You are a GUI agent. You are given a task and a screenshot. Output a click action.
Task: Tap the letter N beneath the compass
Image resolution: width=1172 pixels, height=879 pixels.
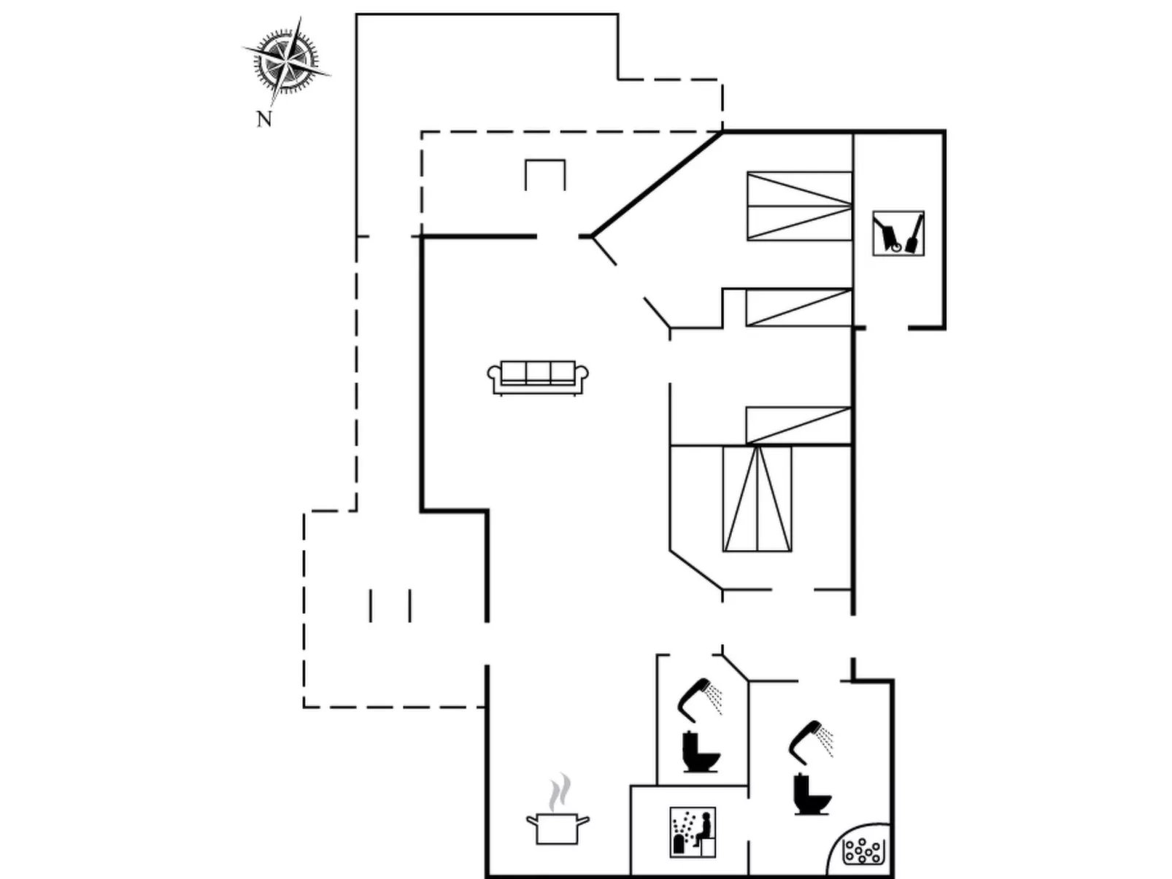(x=264, y=119)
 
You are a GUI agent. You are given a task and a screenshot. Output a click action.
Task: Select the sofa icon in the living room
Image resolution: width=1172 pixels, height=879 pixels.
(x=538, y=377)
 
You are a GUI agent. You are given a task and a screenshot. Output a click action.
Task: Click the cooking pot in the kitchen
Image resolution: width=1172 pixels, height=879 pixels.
(x=558, y=829)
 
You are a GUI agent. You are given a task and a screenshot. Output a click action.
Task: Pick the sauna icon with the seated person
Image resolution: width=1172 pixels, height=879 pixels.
(x=693, y=832)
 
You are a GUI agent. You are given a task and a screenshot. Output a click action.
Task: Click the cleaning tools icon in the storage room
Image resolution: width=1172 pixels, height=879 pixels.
(x=898, y=233)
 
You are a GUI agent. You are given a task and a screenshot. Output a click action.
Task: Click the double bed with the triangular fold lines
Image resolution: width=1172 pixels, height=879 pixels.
(x=757, y=499)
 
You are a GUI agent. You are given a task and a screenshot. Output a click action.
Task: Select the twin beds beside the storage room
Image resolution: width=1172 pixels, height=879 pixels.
(x=799, y=206)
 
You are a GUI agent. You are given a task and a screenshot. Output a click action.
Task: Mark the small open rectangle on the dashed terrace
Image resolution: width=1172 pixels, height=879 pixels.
(x=545, y=174)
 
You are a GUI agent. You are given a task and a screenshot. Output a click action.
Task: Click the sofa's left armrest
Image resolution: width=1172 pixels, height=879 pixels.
(x=495, y=376)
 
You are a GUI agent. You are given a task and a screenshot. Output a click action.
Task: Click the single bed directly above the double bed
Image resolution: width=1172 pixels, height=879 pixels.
(x=798, y=425)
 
